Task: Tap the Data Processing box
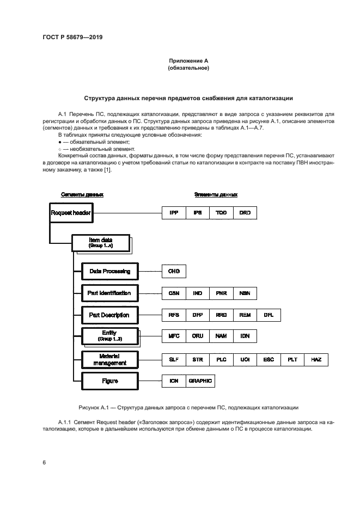coord(109,271)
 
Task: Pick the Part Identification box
coord(109,293)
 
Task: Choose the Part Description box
coord(109,315)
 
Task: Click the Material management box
coord(109,359)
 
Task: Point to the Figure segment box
coord(109,381)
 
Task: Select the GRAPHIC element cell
coord(200,381)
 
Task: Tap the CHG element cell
coord(174,271)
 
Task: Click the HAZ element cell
coord(316,359)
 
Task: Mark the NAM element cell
coord(221,336)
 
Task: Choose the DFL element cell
coord(269,315)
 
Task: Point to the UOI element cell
coord(245,359)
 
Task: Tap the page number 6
coord(44,462)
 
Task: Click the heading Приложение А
coord(188,61)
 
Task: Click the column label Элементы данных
coord(216,194)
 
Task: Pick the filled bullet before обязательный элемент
coord(59,142)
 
